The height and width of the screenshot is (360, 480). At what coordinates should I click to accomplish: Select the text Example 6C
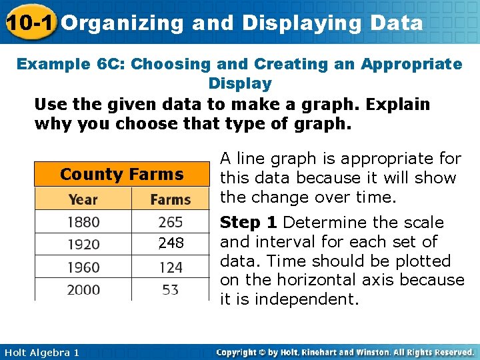click(70, 65)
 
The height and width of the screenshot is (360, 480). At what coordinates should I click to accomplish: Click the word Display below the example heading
click(240, 84)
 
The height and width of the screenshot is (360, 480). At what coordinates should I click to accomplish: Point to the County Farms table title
click(121, 175)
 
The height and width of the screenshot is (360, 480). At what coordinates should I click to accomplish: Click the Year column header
click(83, 199)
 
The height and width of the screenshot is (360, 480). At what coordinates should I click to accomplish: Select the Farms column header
click(171, 199)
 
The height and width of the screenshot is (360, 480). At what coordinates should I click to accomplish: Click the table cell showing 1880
click(83, 222)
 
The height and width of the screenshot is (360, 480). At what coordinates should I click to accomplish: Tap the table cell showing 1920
click(83, 244)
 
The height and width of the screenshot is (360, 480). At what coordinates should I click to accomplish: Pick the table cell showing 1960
click(83, 267)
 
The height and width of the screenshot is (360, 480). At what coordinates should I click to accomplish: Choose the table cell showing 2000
click(83, 290)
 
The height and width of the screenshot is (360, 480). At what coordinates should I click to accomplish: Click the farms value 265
click(171, 222)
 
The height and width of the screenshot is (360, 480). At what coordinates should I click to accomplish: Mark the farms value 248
click(171, 244)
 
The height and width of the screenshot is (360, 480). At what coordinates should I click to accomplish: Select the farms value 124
click(171, 267)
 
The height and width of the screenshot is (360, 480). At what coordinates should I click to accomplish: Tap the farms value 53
click(171, 290)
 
